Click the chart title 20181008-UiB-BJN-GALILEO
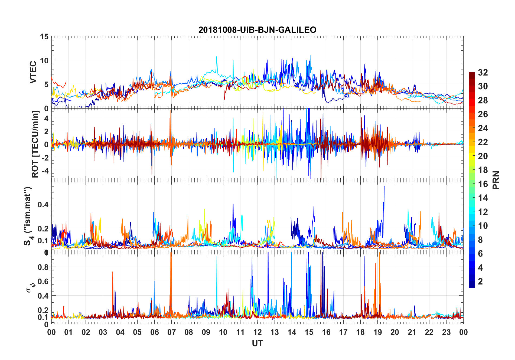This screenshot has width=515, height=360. (257, 30)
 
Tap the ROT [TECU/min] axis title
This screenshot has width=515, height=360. (35, 144)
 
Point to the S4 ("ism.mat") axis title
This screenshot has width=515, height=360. (28, 216)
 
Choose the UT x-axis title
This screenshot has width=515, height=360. (257, 343)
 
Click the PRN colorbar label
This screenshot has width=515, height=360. (496, 180)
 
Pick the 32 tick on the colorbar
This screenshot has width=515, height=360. (483, 72)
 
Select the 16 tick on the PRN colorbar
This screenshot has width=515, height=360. (483, 184)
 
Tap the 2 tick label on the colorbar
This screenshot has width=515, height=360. (480, 282)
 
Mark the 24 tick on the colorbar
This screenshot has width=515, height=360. (483, 128)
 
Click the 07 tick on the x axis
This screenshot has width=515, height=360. (172, 332)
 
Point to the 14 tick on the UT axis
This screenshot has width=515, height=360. (292, 332)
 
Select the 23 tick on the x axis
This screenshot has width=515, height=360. (446, 332)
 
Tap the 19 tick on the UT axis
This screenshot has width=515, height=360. (378, 332)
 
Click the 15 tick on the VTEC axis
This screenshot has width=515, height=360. (44, 37)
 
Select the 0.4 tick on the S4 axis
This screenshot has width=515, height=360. (43, 205)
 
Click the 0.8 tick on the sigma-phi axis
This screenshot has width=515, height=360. (43, 267)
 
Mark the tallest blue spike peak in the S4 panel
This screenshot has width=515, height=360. (384, 186)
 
